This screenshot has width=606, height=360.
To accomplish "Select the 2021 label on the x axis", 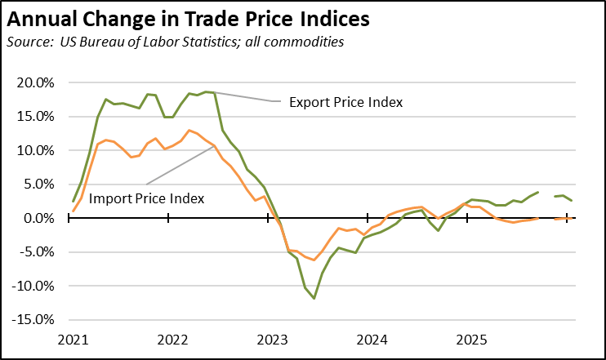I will tap(72, 338).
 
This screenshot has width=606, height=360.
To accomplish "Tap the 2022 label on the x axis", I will tap(172, 338).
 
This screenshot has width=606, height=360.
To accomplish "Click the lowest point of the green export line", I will tap(314, 299).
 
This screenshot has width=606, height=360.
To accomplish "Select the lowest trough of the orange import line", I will tap(314, 260).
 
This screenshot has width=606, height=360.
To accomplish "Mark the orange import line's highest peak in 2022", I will tap(189, 131).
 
